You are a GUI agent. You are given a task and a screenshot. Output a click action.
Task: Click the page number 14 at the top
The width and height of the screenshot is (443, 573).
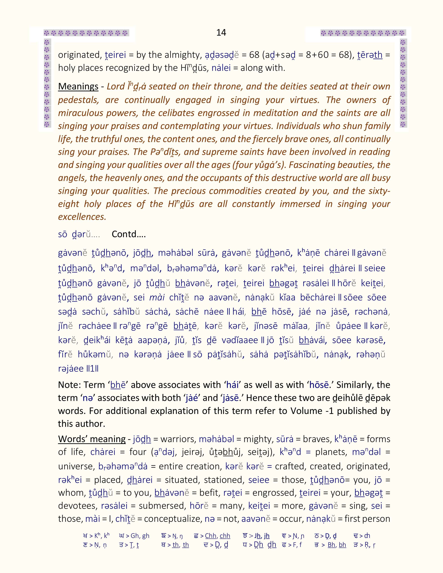pyautogui.click(x=221, y=32)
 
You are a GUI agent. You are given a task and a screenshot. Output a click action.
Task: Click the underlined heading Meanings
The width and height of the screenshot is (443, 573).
pyautogui.click(x=78, y=86)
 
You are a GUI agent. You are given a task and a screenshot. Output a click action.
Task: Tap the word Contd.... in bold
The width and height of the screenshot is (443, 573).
pyautogui.click(x=129, y=234)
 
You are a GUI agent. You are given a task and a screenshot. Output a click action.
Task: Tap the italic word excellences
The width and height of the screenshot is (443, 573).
pyautogui.click(x=82, y=217)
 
